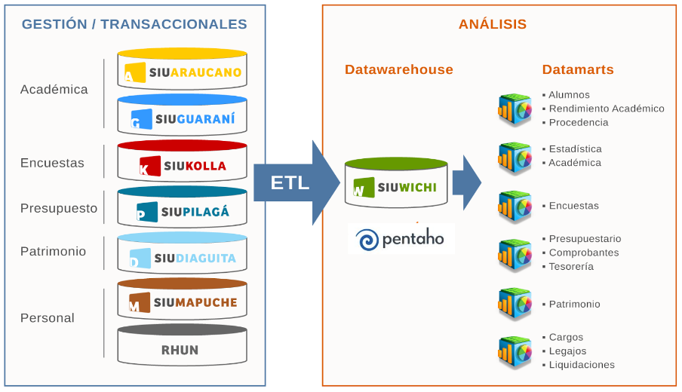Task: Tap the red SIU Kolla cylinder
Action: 183,162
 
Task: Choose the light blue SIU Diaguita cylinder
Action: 183,254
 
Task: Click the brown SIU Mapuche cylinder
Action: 183,300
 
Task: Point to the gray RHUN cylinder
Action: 183,346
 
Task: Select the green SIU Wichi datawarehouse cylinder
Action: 395,183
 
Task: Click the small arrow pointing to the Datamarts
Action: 470,182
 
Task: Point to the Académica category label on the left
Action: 54,90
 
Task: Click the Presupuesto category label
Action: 59,208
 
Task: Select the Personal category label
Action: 48,318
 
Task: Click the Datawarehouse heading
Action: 399,69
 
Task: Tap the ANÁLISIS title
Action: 493,24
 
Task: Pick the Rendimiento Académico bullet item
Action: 607,109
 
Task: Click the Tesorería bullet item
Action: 571,266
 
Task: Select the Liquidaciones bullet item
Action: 582,365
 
